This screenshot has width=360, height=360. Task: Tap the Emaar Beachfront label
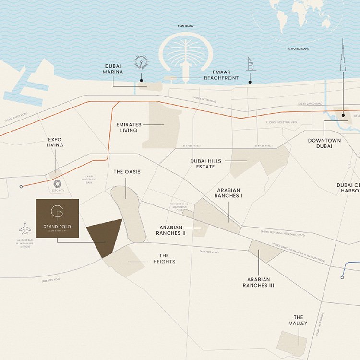[x=221, y=74]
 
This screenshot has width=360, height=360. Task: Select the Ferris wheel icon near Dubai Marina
[x=141, y=62]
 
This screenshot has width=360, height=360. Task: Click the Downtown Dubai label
[x=324, y=143]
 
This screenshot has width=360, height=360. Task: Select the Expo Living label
[x=55, y=142]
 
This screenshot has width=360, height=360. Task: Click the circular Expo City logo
[x=57, y=184]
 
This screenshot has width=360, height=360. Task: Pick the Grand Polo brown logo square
[x=58, y=218]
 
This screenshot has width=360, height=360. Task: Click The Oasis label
[x=127, y=172]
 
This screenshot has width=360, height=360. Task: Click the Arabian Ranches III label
[x=258, y=282]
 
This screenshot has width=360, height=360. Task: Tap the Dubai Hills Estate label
[x=205, y=164]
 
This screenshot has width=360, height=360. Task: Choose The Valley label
[x=298, y=320]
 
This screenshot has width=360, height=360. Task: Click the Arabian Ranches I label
[x=228, y=193]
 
